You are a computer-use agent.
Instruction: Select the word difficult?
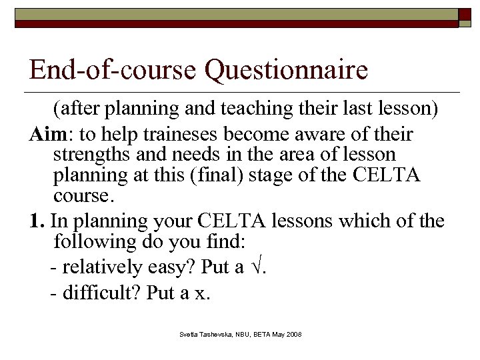103,292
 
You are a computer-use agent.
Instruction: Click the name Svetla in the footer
188,333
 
